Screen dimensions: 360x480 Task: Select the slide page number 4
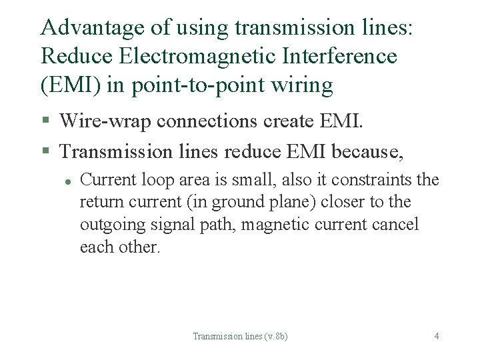pyautogui.click(x=436, y=336)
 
